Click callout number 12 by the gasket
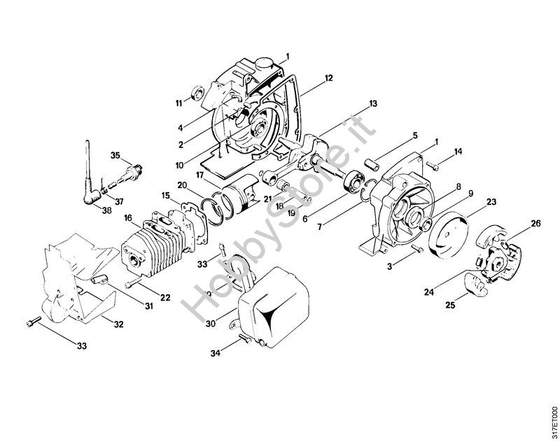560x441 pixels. tap(328, 78)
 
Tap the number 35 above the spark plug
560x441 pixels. tap(115, 155)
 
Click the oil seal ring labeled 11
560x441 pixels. tap(197, 93)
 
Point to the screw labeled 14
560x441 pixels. tap(432, 165)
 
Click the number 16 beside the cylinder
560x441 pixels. tap(128, 218)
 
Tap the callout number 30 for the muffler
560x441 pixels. tap(211, 324)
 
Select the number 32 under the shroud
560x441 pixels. tap(118, 324)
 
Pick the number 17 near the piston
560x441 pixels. tap(199, 175)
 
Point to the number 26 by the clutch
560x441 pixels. tap(535, 224)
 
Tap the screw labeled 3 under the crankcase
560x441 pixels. tap(417, 249)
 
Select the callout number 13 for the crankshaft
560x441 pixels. tap(373, 103)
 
